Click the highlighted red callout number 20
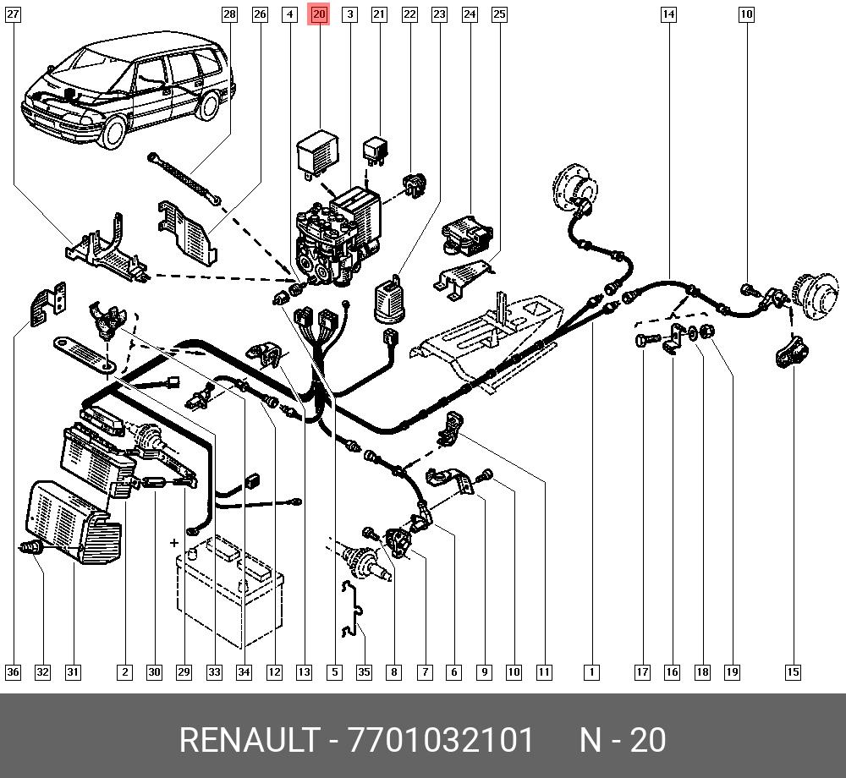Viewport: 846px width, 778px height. pyautogui.click(x=319, y=14)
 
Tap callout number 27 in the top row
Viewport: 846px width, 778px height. pyautogui.click(x=13, y=14)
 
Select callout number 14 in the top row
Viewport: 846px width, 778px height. pyautogui.click(x=668, y=14)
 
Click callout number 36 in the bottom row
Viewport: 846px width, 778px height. pyautogui.click(x=13, y=671)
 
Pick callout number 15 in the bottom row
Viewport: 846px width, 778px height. pyautogui.click(x=793, y=671)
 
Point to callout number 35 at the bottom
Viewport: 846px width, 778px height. pyautogui.click(x=364, y=671)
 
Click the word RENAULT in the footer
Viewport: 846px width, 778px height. pyautogui.click(x=250, y=740)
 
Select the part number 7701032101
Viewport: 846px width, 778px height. pyautogui.click(x=441, y=740)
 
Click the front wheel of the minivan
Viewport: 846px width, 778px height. pyautogui.click(x=114, y=132)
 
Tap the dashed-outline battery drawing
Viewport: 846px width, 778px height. pyautogui.click(x=229, y=590)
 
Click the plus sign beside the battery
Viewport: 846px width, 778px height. pyautogui.click(x=173, y=542)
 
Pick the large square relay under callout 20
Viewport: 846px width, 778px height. pyautogui.click(x=318, y=151)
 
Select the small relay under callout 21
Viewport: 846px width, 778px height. pyautogui.click(x=376, y=151)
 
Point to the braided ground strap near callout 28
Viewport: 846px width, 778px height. pyautogui.click(x=184, y=178)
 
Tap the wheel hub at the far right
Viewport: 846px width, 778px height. pyautogui.click(x=817, y=293)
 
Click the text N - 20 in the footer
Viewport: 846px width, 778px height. pyautogui.click(x=623, y=740)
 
